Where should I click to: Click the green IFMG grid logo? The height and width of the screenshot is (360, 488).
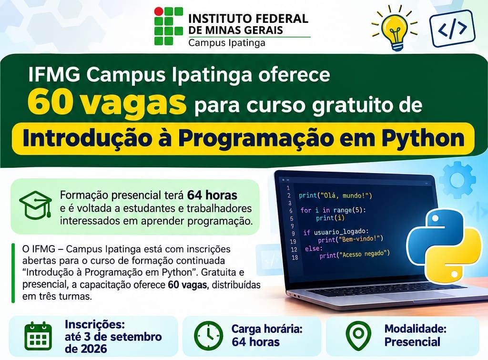coord(169,26)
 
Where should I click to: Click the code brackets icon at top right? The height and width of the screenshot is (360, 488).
coord(452,28)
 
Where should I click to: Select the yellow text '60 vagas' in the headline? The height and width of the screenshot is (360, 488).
coord(107,103)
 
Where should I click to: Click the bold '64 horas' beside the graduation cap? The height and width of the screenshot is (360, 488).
coord(212,195)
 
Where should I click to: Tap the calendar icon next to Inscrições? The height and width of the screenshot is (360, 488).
coord(38,336)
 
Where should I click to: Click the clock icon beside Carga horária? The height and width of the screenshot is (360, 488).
coord(209,335)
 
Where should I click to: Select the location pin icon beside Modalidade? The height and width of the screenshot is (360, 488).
coord(358,335)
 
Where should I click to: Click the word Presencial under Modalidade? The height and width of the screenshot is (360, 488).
coord(412,342)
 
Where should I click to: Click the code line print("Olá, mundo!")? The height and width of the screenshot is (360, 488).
coord(335,195)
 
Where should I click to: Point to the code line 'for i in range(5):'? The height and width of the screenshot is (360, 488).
coord(333,210)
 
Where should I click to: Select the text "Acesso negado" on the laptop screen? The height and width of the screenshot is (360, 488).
coord(364,254)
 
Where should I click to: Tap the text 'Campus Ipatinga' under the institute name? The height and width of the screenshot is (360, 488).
coord(227,42)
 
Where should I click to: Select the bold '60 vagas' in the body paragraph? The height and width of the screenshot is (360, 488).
coord(187,285)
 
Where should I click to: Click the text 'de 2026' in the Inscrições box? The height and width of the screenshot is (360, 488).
coord(86,349)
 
